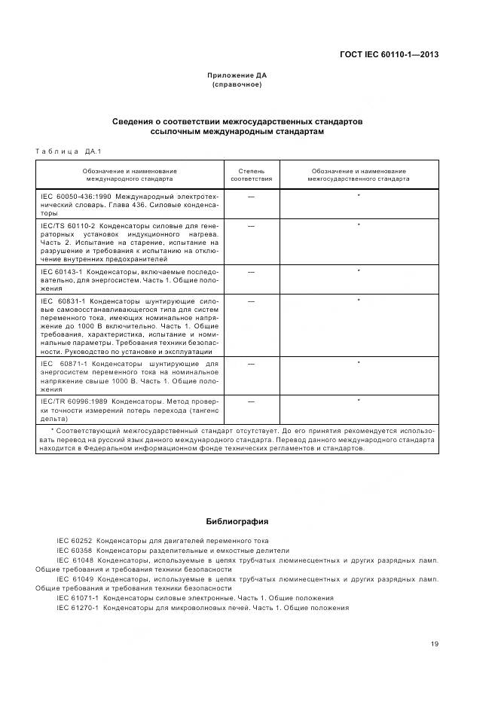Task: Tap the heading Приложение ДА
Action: [x=237, y=75]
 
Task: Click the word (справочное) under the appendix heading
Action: [x=237, y=84]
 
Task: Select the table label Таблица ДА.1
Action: [x=69, y=151]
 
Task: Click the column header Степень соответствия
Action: [x=251, y=175]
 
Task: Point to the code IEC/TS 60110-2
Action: [x=65, y=225]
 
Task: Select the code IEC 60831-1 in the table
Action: [x=64, y=301]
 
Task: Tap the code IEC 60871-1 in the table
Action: [x=64, y=363]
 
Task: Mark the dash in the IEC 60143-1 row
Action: [x=251, y=270]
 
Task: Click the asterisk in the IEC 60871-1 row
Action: [x=358, y=363]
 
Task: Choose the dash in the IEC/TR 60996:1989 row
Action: [x=251, y=401]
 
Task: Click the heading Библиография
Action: [x=237, y=521]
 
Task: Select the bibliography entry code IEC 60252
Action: [x=73, y=541]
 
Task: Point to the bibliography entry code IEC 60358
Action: [x=73, y=551]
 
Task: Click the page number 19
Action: [x=434, y=643]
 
